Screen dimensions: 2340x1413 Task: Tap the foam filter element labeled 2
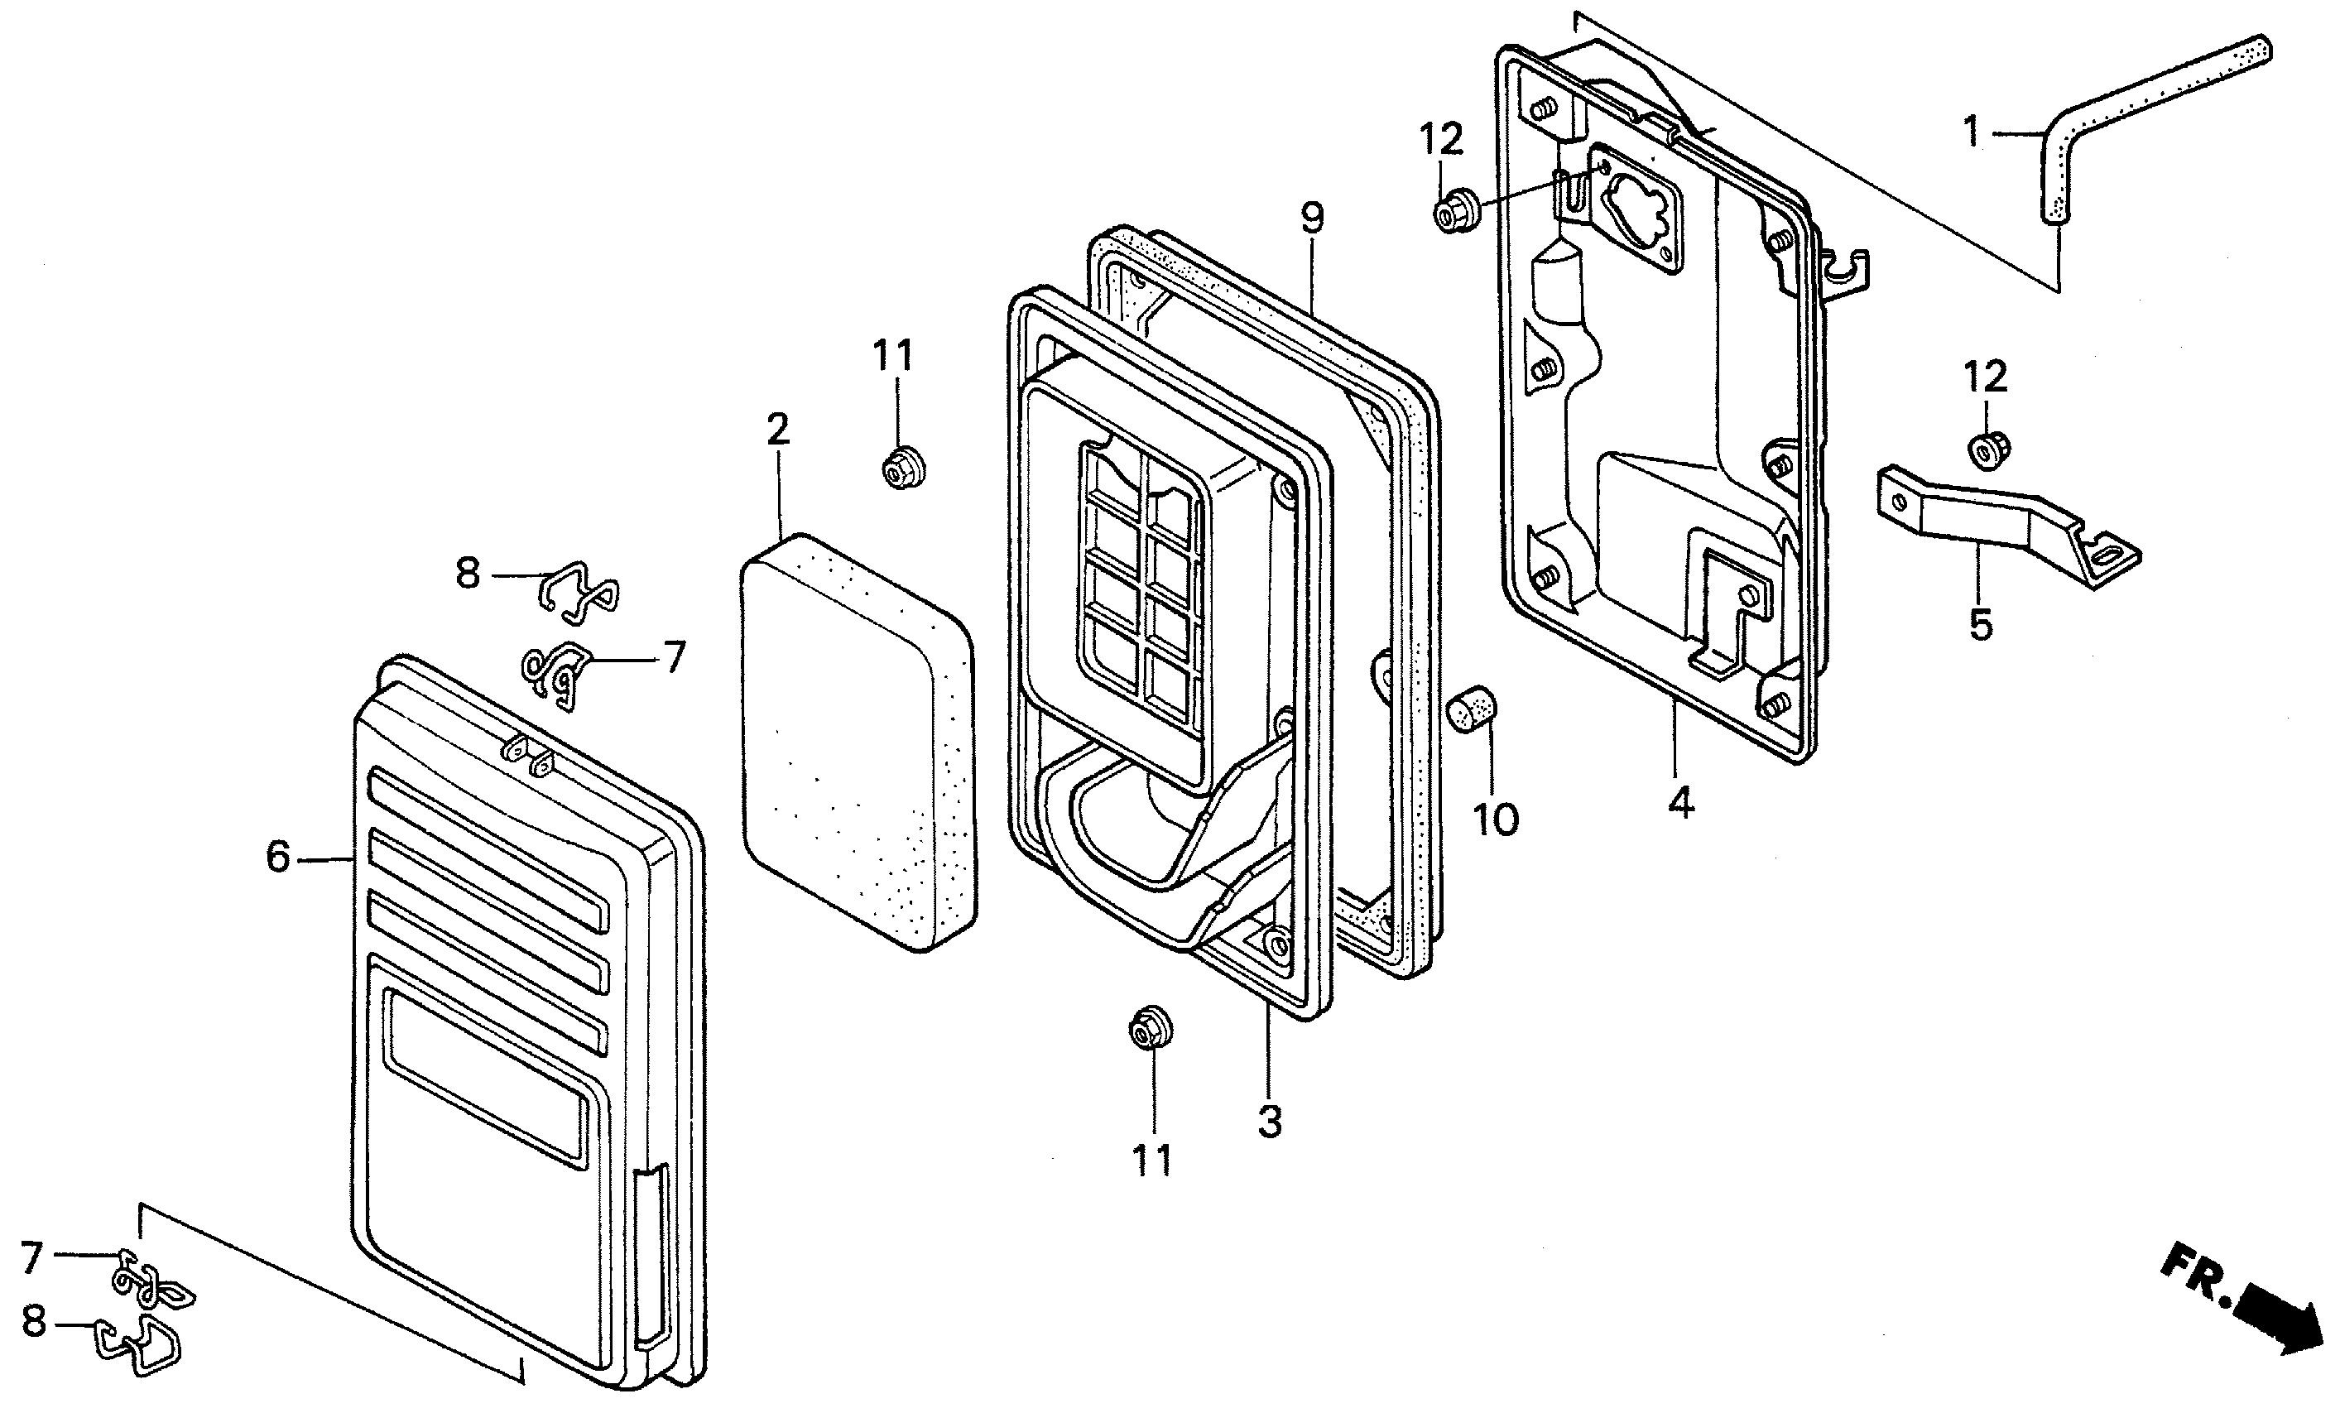coord(858,743)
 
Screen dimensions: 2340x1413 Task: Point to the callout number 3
coord(1270,1122)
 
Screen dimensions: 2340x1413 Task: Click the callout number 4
coord(1680,805)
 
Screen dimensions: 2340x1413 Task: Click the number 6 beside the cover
coord(277,858)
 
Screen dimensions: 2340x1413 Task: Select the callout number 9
coord(1311,219)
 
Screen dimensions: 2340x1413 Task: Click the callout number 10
coord(1496,819)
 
